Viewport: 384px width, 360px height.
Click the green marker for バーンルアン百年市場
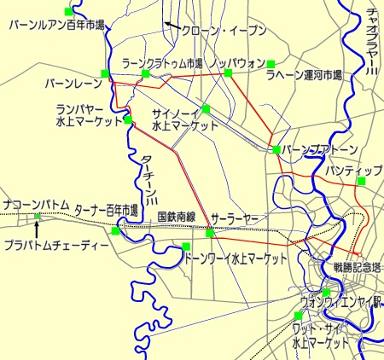69,11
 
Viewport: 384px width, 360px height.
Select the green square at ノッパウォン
228,73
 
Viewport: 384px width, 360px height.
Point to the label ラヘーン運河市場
304,76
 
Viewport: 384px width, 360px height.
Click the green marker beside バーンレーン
105,73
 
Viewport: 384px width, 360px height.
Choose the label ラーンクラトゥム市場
163,63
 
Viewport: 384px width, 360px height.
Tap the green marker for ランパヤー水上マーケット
127,119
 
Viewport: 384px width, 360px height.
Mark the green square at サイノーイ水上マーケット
206,108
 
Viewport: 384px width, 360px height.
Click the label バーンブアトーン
319,149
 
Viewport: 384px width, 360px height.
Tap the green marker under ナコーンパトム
38,217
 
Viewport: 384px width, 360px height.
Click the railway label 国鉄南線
177,218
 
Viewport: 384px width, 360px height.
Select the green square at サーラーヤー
209,231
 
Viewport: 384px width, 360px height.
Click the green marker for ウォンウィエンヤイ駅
326,293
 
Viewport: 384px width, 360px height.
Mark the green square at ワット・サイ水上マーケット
298,316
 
